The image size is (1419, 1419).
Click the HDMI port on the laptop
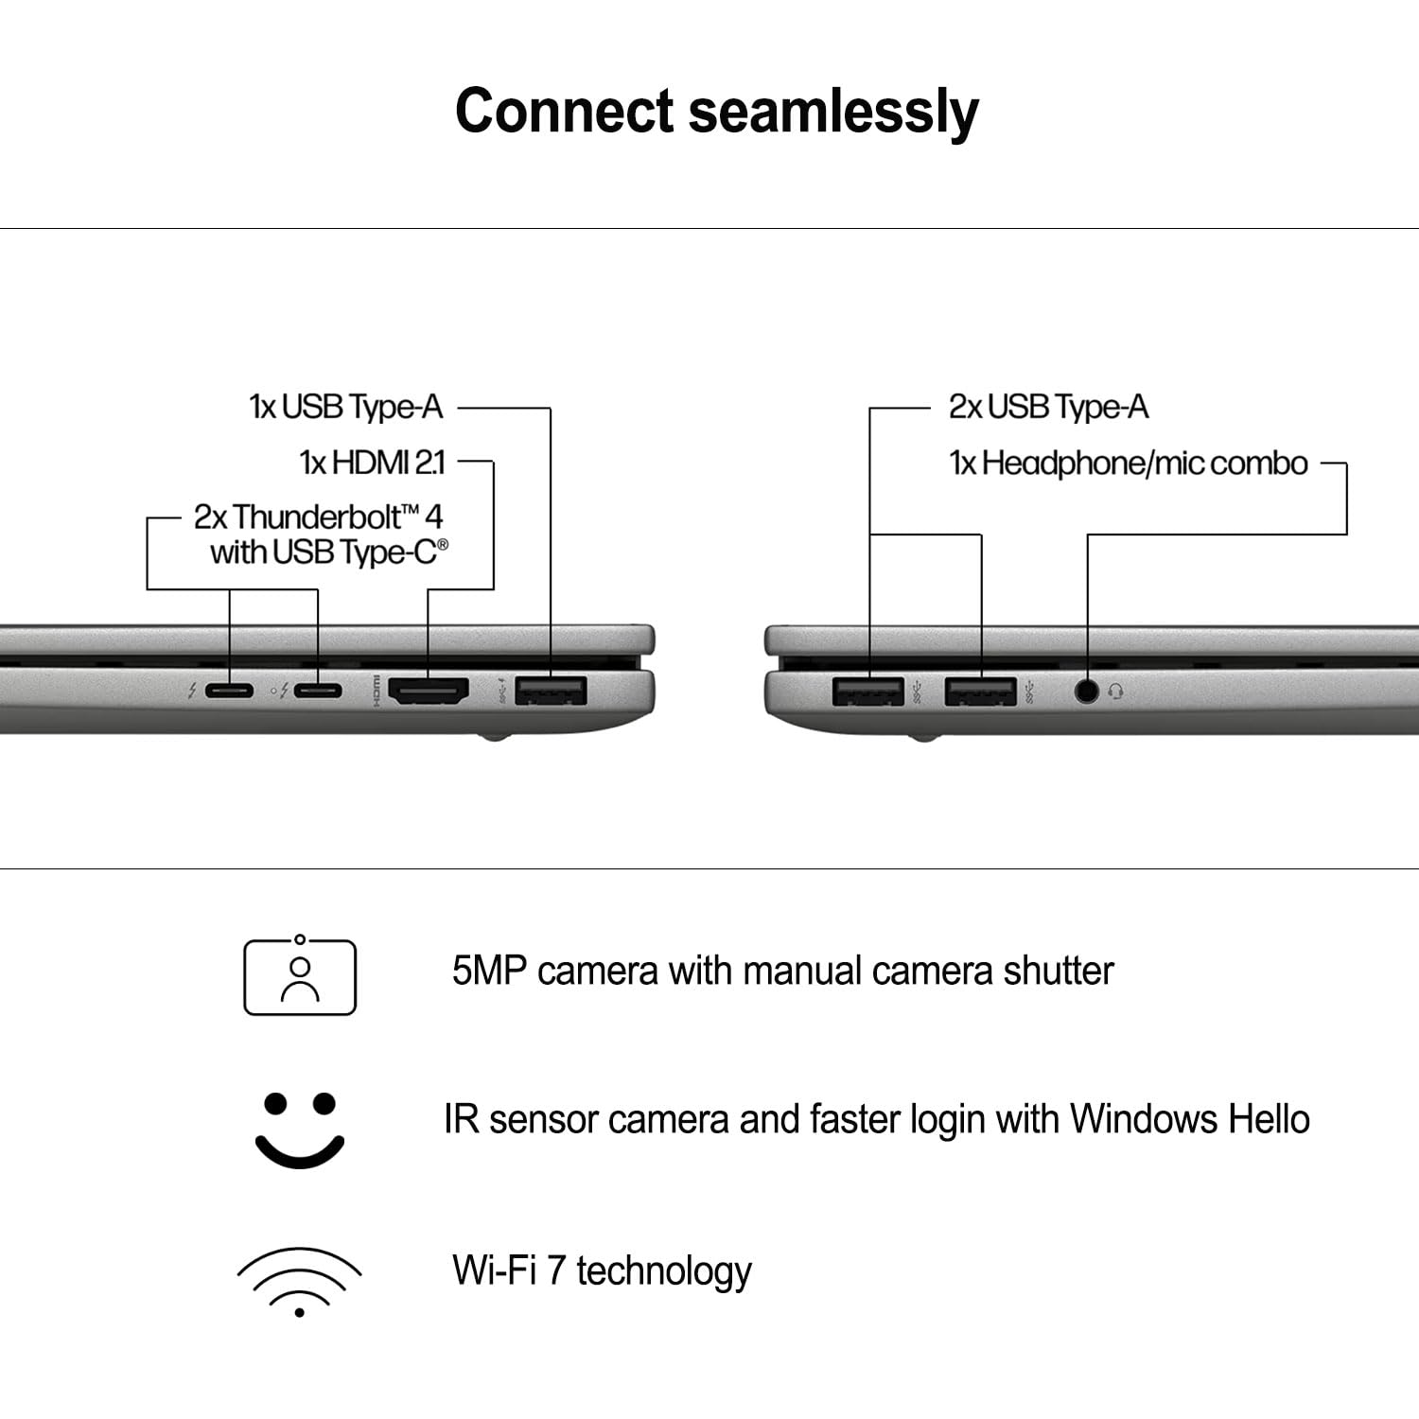pyautogui.click(x=429, y=692)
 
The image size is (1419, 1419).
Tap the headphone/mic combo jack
pyautogui.click(x=1087, y=692)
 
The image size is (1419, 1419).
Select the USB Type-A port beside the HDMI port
pyautogui.click(x=551, y=691)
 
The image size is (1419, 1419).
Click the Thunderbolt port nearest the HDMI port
pyautogui.click(x=318, y=691)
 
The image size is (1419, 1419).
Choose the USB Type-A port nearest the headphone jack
pyautogui.click(x=980, y=692)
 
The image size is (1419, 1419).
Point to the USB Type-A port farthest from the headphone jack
pyautogui.click(x=868, y=692)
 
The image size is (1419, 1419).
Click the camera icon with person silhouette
pyautogui.click(x=300, y=976)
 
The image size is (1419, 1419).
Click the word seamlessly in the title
pyautogui.click(x=832, y=112)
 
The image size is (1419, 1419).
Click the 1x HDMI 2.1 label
pyautogui.click(x=372, y=463)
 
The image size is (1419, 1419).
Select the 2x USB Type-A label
pyautogui.click(x=1047, y=408)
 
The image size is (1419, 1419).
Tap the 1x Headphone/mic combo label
pyautogui.click(x=1128, y=464)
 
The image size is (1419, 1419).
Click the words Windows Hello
pyautogui.click(x=1189, y=1119)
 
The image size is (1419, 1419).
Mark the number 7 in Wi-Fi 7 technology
pyautogui.click(x=556, y=1270)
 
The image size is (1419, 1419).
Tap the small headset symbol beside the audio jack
pyautogui.click(x=1116, y=692)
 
